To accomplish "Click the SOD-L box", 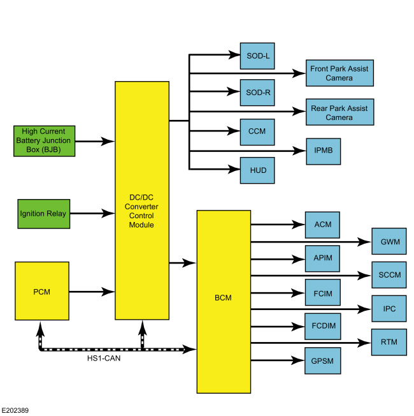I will pyautogui.click(x=257, y=56).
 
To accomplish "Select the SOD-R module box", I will pyautogui.click(x=257, y=93).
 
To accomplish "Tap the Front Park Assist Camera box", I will pyautogui.click(x=339, y=73).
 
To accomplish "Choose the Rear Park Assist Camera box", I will pyautogui.click(x=339, y=112).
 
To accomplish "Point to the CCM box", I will pyautogui.click(x=257, y=131).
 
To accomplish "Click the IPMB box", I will pyautogui.click(x=323, y=151).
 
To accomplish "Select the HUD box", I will pyautogui.click(x=257, y=170).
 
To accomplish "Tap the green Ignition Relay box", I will pyautogui.click(x=43, y=214).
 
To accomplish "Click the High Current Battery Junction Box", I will pyautogui.click(x=43, y=140).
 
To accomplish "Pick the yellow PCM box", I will pyautogui.click(x=41, y=292).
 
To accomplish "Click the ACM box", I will pyautogui.click(x=322, y=225).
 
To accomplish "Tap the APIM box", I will pyautogui.click(x=322, y=258).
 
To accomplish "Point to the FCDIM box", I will pyautogui.click(x=322, y=326).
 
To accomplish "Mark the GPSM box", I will pyautogui.click(x=322, y=361).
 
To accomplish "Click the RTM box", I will pyautogui.click(x=389, y=342).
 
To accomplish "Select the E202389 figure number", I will pyautogui.click(x=15, y=410).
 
